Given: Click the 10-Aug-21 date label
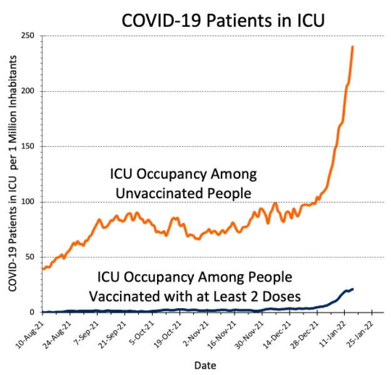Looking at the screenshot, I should click(30, 331).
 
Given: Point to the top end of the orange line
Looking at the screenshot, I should click(353, 47).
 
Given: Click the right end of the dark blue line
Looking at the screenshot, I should click(353, 289).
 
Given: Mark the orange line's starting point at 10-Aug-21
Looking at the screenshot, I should click(43, 269).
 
